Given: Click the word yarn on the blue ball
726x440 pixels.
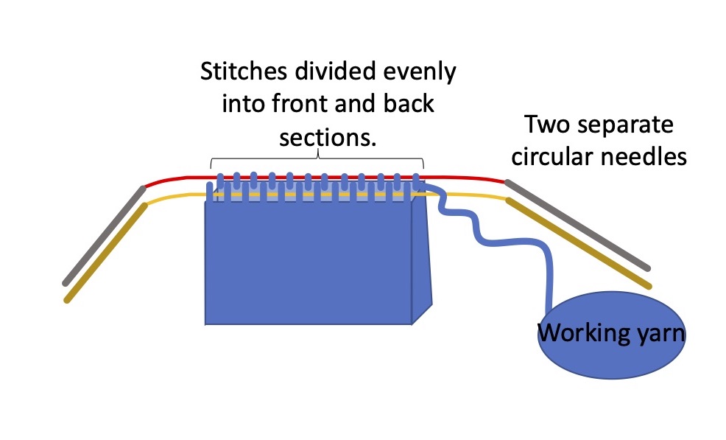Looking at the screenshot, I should click(x=659, y=335).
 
